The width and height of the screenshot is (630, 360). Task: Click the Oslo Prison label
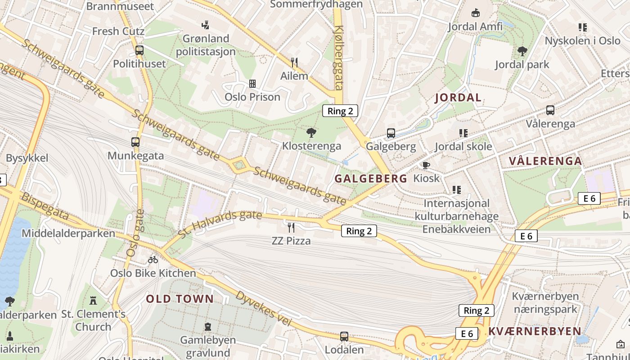point(252,97)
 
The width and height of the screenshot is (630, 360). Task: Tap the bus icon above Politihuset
point(139,50)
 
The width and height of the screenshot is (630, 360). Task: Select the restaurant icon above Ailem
point(294,62)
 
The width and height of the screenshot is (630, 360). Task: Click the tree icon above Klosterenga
point(311,132)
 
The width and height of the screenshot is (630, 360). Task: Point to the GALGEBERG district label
point(371,179)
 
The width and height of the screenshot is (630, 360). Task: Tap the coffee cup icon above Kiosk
point(426,165)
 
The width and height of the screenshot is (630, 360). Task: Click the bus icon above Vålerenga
point(550,110)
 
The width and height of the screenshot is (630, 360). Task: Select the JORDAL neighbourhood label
point(458,98)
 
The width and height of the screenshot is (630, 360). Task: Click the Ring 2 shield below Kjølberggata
point(340,111)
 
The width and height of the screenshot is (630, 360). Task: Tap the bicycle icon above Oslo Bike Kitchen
point(153,260)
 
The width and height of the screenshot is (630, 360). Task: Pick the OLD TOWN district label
point(180,299)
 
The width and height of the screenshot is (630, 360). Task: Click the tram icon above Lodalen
point(344,336)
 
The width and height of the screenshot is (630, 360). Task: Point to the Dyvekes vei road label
point(264,309)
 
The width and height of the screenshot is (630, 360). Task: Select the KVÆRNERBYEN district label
point(535,332)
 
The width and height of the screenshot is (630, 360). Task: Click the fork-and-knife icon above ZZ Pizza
point(291,227)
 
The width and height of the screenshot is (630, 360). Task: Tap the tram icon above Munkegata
point(135,142)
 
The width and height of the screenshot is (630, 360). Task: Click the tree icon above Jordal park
point(522,51)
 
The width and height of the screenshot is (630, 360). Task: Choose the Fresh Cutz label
point(118,31)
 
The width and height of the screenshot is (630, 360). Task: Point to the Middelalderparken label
point(68,234)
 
